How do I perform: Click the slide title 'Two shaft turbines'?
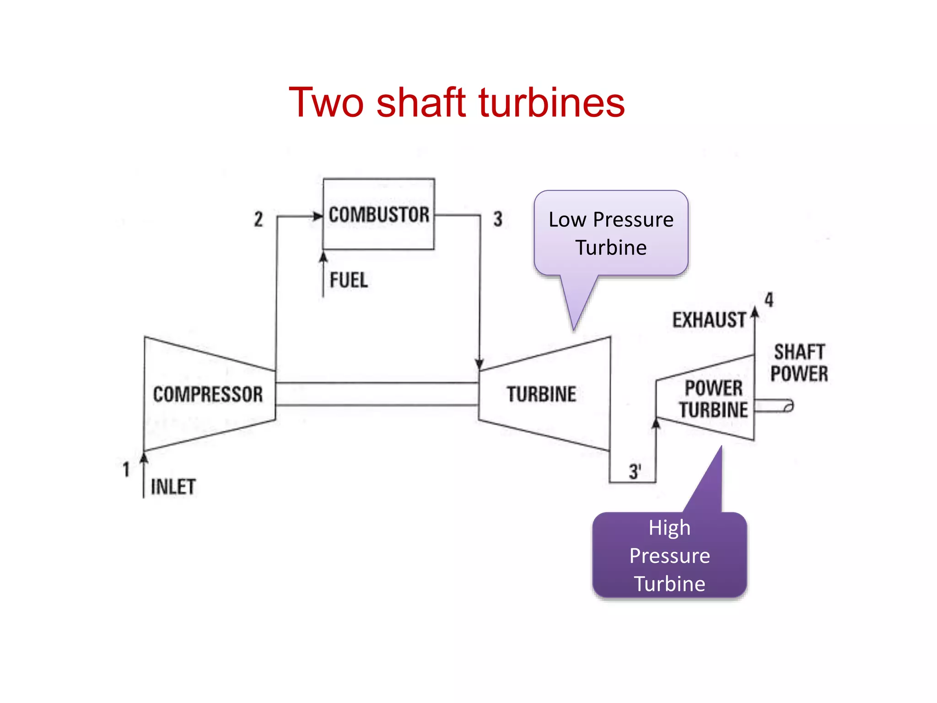pos(457,103)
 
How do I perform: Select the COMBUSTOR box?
pos(379,214)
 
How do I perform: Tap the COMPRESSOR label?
pos(208,395)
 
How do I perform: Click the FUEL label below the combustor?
pos(349,280)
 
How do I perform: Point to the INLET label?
pos(173,487)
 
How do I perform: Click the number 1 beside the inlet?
pos(126,470)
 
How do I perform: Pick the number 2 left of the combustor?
pos(258,219)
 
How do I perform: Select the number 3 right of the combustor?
pos(498,219)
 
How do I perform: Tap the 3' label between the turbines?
pos(635,471)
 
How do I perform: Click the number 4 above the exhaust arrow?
pos(769,300)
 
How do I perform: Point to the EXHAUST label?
pos(709,320)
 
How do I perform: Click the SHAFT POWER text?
pos(799,363)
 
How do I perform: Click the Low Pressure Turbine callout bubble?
pos(611,233)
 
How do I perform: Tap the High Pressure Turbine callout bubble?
pos(669,555)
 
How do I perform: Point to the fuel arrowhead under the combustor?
pos(323,258)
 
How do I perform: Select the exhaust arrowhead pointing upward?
pos(755,313)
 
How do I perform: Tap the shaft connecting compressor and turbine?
pos(377,394)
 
